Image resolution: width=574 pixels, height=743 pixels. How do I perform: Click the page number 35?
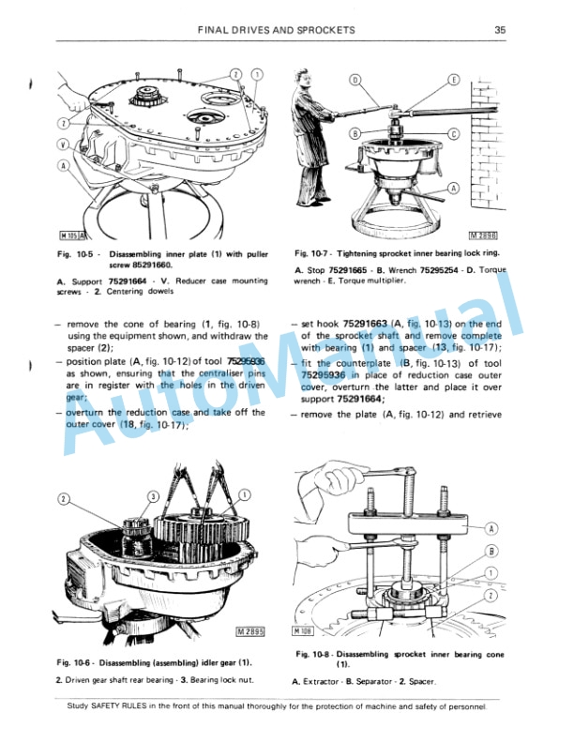pos(500,30)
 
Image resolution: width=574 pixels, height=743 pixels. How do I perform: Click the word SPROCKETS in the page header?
pos(323,30)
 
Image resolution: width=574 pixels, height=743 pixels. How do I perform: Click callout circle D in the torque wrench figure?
pos(356,81)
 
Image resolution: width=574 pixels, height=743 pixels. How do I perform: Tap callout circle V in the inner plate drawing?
pos(63,145)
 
